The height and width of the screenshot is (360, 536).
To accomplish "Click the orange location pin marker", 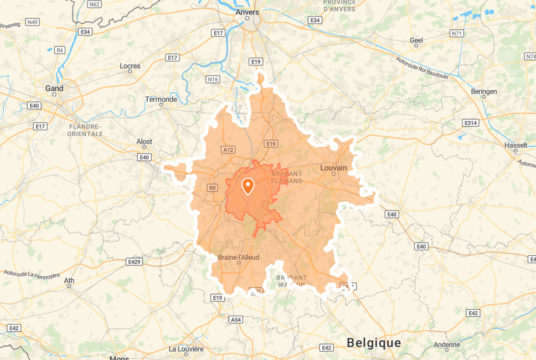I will point(248,186).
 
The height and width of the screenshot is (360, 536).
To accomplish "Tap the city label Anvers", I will point(248,12).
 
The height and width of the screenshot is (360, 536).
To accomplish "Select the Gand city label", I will point(54,88).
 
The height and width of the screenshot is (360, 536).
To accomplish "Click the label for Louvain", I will point(333,167).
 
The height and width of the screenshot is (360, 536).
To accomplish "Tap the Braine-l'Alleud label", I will point(239,258).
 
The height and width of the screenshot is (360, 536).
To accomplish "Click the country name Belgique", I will point(374,343).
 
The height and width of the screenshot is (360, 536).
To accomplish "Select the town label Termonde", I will point(161,99).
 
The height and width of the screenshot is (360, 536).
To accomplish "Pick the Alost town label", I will point(144,142).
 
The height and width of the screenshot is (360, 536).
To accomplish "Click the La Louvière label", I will point(186,349).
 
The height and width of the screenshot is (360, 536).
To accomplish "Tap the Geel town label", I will point(416,40).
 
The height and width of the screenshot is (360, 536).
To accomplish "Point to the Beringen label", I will point(485,91).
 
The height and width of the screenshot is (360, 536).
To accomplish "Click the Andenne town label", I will point(447,344).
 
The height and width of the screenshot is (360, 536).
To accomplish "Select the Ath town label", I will point(69,281).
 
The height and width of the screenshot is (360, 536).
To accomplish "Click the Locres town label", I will point(130,66).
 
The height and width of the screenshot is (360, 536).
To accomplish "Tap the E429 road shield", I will point(133,261).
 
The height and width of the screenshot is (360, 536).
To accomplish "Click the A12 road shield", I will point(228,150).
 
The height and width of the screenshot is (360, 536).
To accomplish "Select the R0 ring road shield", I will point(212,188).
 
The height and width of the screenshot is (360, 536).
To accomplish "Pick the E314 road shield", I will point(471,122).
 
